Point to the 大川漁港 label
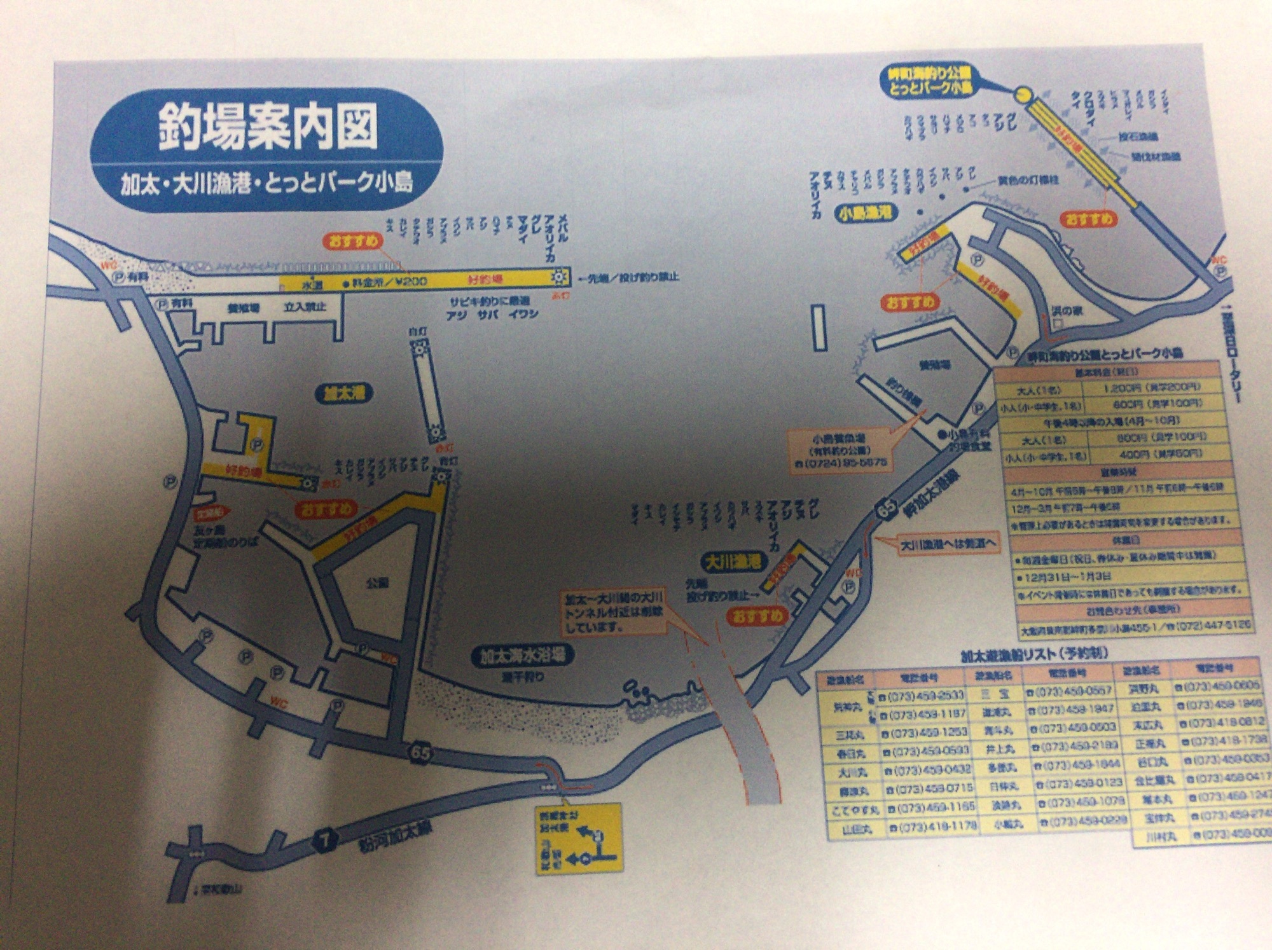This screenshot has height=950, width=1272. click(x=735, y=562)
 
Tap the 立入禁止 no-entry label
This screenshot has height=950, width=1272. click(x=305, y=307)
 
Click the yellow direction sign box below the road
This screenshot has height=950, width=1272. click(x=578, y=838)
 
